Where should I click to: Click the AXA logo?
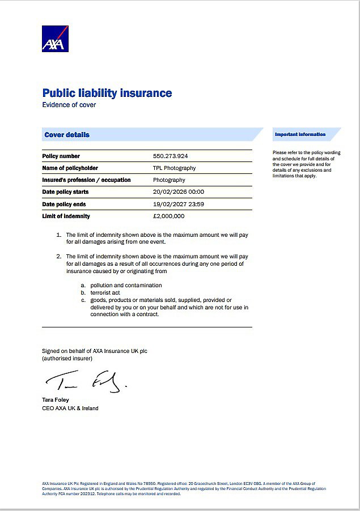(x=55, y=39)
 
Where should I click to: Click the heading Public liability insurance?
(x=107, y=93)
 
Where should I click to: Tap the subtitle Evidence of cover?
(x=69, y=105)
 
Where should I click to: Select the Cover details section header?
(x=67, y=135)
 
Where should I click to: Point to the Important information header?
(x=300, y=134)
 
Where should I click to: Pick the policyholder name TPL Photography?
(x=174, y=168)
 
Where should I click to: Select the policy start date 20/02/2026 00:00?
(x=178, y=192)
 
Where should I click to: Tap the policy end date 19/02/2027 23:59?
(x=178, y=204)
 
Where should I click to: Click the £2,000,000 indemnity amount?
(x=168, y=216)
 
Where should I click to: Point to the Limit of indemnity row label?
(x=66, y=216)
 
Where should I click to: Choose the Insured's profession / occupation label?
(x=86, y=180)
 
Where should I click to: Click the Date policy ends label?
(x=64, y=204)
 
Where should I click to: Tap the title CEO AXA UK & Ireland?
(x=70, y=408)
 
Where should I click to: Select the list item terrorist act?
(x=105, y=293)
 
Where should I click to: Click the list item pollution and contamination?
(x=126, y=286)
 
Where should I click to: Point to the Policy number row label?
(x=61, y=156)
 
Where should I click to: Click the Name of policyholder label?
(x=70, y=168)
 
